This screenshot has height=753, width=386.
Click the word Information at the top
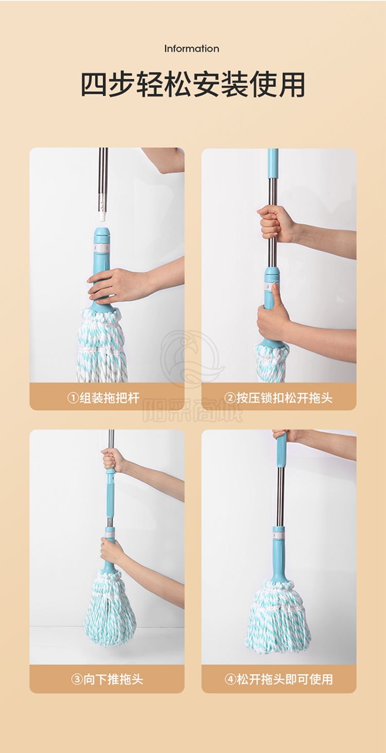(x=191, y=49)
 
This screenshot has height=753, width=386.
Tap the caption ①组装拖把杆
(x=103, y=398)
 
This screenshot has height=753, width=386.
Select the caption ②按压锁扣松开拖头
(x=278, y=398)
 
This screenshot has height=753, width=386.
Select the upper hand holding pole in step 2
(x=276, y=223)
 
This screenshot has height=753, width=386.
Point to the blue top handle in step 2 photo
(x=273, y=163)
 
